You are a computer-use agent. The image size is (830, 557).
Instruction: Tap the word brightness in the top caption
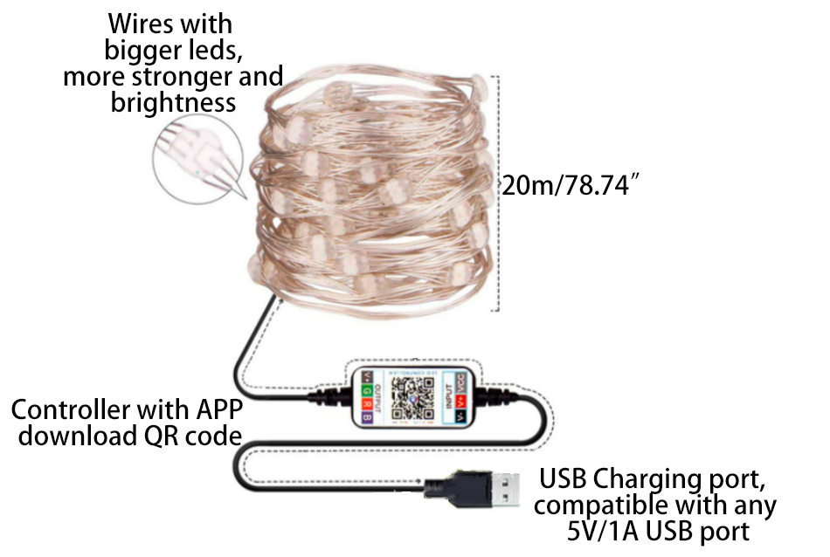173,103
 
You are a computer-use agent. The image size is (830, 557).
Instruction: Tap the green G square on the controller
367,391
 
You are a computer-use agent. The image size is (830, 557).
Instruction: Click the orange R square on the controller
367,403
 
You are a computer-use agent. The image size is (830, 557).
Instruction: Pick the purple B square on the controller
367,417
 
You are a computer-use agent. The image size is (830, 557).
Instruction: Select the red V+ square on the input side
460,402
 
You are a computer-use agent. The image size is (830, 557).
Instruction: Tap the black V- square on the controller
460,416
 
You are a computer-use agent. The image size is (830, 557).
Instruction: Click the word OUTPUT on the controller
378,398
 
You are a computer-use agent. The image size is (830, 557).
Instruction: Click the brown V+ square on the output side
367,377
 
